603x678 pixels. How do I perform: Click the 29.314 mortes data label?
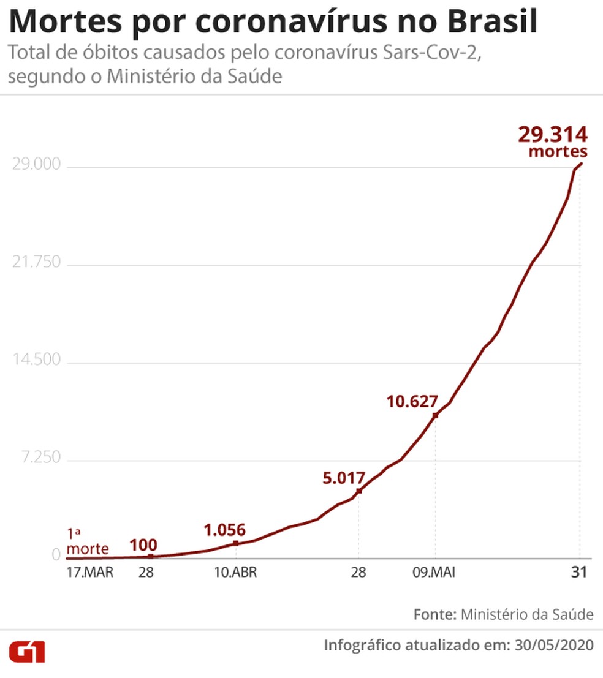coord(553,141)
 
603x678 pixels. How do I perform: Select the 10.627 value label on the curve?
coord(412,402)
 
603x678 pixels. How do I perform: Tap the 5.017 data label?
coord(344,478)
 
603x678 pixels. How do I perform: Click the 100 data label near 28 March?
coord(143,545)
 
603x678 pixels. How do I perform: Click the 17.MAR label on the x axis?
coord(89,574)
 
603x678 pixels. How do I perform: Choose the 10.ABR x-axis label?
coord(235,574)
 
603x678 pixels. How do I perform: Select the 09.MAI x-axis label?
coord(434,574)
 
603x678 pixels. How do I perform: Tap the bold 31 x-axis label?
coord(579,574)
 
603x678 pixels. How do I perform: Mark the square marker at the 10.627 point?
coord(435,416)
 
